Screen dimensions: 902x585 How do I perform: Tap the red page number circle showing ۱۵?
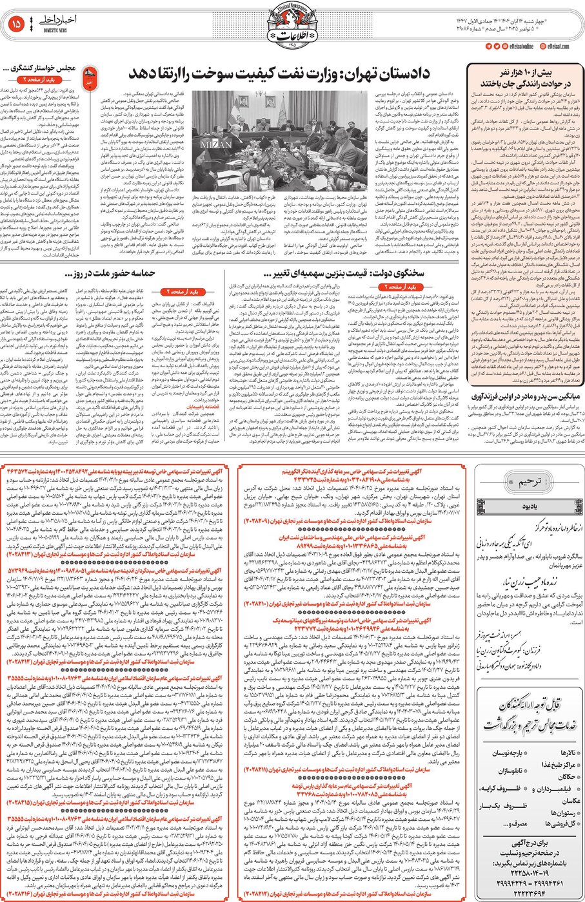tap(17, 24)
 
